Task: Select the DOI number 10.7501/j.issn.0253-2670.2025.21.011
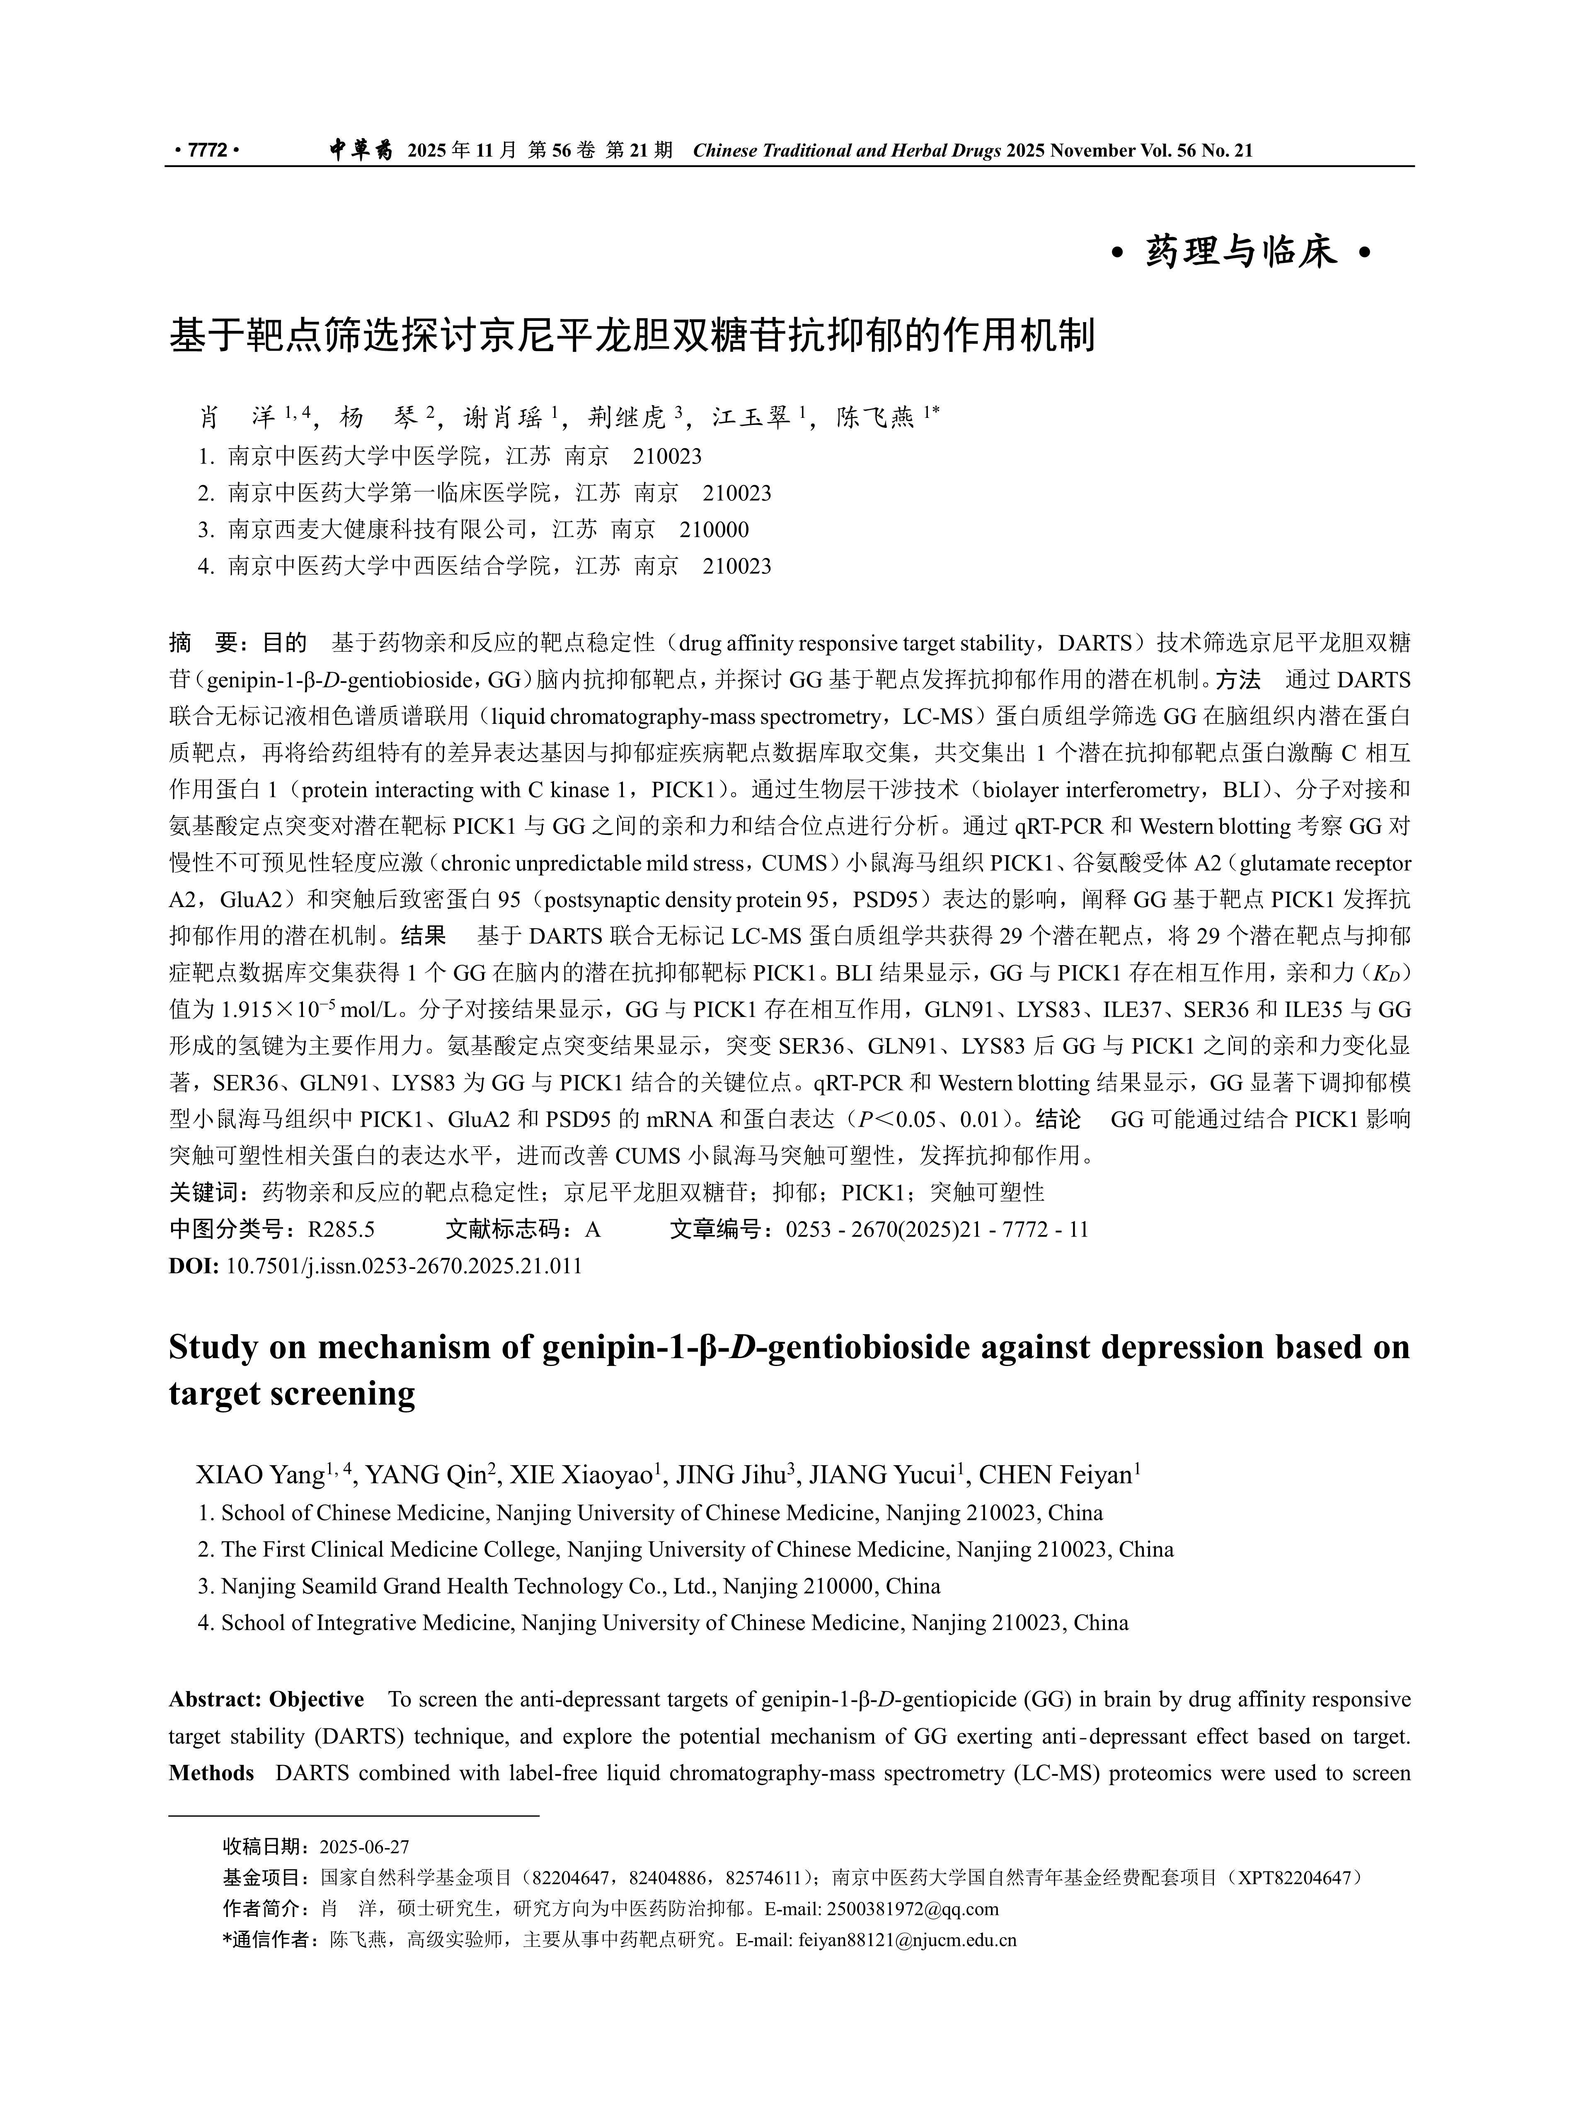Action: (x=403, y=1267)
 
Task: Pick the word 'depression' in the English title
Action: (x=1185, y=1348)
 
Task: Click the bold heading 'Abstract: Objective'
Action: (x=266, y=1700)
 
